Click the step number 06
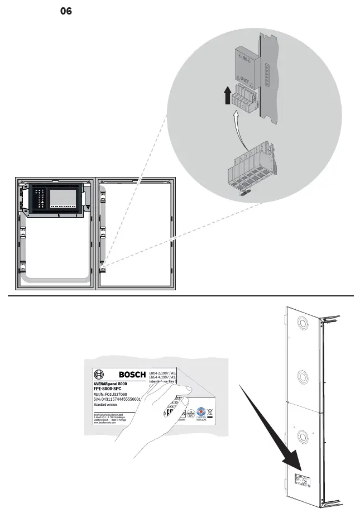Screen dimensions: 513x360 coord(66,11)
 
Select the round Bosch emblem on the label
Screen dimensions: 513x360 coord(99,375)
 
